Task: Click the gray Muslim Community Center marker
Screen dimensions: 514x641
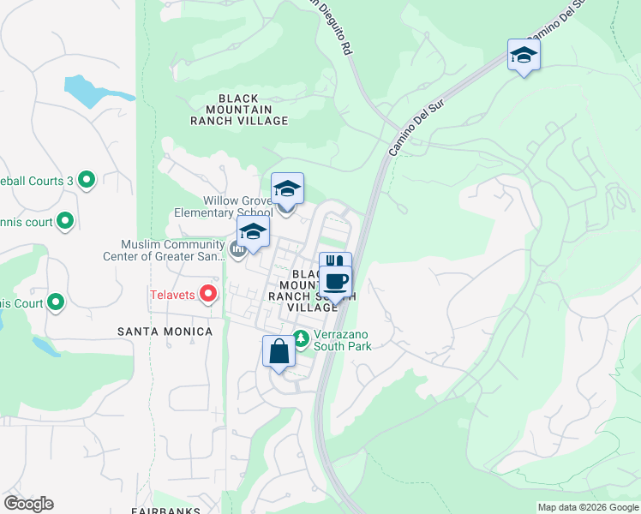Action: pos(238,250)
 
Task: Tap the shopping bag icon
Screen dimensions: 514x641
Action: pos(279,351)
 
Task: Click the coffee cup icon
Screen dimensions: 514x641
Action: pos(336,281)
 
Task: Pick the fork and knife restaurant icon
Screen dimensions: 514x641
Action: pos(335,262)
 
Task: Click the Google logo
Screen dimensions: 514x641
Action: pos(28,504)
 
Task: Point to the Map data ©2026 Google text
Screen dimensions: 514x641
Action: pos(588,507)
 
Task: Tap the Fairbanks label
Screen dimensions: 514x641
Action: pos(167,511)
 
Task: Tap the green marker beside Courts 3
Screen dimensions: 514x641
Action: pos(86,180)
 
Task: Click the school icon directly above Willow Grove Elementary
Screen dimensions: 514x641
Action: pos(287,188)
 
